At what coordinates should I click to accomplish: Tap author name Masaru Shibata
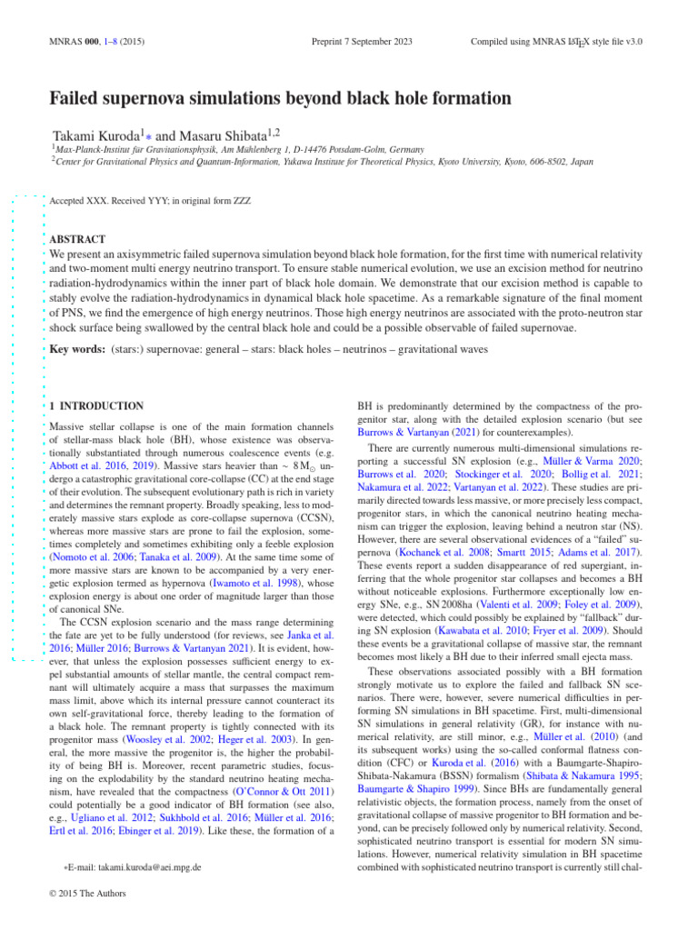tap(214, 135)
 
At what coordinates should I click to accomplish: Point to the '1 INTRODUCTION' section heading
tap(95, 405)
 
